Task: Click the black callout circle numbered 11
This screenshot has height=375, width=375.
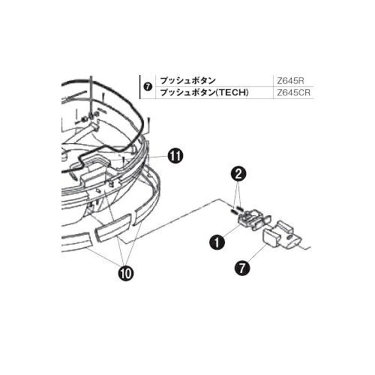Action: pos(175,156)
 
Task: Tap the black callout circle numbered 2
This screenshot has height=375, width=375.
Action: pos(238,174)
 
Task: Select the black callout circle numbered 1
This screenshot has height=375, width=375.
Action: pos(217,242)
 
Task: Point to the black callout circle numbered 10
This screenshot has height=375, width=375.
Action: pos(127,273)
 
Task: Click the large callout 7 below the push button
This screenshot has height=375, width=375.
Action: pos(242,268)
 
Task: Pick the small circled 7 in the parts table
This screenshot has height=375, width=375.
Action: pos(148,87)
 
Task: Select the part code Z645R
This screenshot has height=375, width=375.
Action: pos(290,81)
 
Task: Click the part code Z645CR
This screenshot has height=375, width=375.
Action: pos(293,92)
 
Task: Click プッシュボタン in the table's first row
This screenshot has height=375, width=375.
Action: pos(187,81)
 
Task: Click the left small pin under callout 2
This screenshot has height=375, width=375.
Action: pos(234,211)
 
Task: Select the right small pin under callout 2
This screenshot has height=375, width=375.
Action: pos(240,208)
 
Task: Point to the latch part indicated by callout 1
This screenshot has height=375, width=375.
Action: pos(253,219)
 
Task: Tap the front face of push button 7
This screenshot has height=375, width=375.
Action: pos(270,239)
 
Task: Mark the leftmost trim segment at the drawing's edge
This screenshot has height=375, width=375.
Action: pos(76,240)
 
